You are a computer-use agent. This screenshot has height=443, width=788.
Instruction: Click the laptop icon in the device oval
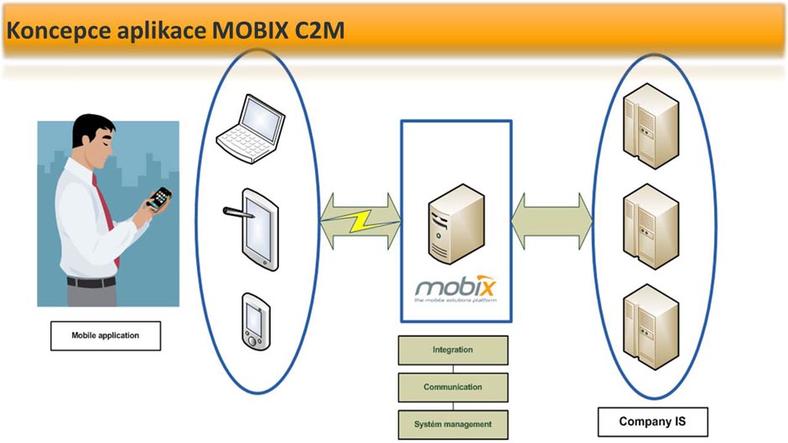click(x=251, y=129)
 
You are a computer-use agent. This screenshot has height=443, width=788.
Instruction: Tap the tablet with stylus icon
click(x=253, y=229)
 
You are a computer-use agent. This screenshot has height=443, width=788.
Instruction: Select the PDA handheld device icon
click(x=257, y=322)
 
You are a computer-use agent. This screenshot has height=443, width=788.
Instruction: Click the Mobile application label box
click(x=106, y=336)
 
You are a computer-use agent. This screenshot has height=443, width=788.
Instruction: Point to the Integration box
click(x=453, y=350)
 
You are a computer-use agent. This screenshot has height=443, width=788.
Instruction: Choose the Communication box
click(x=453, y=387)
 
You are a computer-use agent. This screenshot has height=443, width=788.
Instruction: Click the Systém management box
click(x=453, y=425)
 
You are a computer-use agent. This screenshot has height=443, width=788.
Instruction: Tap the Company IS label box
click(x=652, y=422)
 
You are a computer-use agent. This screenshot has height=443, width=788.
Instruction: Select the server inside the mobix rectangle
click(x=456, y=224)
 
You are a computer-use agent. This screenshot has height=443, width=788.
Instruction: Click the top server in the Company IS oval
click(x=651, y=126)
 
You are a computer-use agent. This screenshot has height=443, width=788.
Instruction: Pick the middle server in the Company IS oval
click(x=651, y=226)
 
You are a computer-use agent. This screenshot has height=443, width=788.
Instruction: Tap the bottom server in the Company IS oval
click(x=651, y=327)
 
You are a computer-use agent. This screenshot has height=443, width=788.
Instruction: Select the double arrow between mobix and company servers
click(x=552, y=221)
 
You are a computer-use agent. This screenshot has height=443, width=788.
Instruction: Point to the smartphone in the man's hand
click(x=160, y=198)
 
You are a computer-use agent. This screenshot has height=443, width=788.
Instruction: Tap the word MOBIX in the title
click(x=250, y=31)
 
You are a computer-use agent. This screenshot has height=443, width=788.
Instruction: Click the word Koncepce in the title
click(x=59, y=31)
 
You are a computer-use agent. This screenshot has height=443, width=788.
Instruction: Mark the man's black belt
click(x=91, y=282)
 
